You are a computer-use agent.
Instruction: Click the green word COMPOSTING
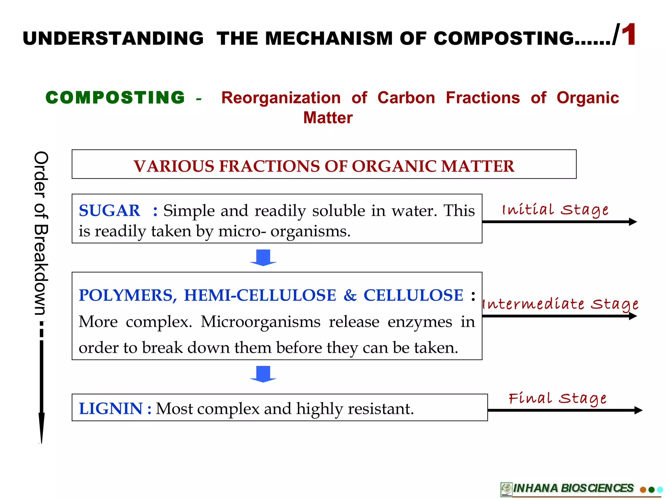click(x=115, y=97)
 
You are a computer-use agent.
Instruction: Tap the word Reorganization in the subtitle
click(x=281, y=98)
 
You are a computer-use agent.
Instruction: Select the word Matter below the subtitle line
click(x=328, y=118)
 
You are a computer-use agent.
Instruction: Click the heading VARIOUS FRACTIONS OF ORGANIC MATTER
click(x=324, y=166)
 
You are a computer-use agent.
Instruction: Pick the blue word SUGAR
click(x=109, y=211)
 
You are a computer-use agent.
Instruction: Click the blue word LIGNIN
click(x=111, y=408)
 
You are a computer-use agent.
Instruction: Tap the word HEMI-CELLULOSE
click(x=260, y=295)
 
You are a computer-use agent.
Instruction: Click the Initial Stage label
click(x=555, y=210)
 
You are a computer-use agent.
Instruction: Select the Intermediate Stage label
click(x=560, y=304)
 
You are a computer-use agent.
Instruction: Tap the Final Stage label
click(x=557, y=398)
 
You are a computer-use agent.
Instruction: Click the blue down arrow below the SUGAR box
click(x=263, y=258)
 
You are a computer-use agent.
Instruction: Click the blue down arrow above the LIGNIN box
click(x=263, y=374)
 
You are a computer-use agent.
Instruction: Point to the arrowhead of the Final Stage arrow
click(x=638, y=410)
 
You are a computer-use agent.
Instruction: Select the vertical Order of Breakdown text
click(x=41, y=233)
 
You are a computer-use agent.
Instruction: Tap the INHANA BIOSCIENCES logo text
click(x=573, y=488)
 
